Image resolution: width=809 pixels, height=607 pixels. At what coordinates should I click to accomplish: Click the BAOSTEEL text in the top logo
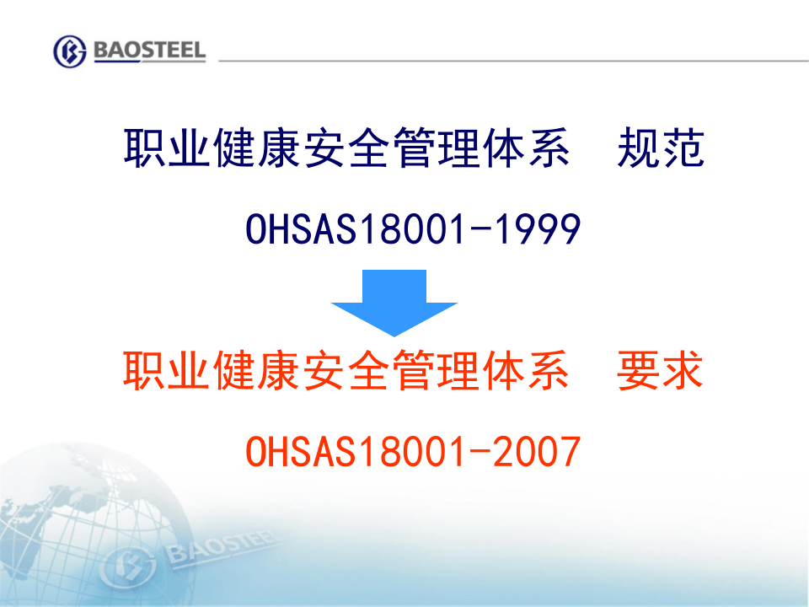[149, 51]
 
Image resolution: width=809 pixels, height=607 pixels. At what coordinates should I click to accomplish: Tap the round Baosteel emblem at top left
[70, 51]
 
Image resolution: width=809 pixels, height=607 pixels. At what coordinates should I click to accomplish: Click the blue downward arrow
[394, 302]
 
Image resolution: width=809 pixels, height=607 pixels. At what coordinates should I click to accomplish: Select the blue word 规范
[661, 149]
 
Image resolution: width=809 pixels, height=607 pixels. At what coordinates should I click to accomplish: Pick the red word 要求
[661, 372]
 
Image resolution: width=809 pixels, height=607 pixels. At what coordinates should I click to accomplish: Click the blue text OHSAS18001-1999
[413, 229]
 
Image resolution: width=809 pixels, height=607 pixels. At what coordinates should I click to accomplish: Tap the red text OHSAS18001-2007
[413, 451]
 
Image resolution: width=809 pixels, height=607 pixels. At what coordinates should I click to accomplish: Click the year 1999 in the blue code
[536, 229]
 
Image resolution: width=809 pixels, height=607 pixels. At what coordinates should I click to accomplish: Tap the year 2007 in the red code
[536, 451]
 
